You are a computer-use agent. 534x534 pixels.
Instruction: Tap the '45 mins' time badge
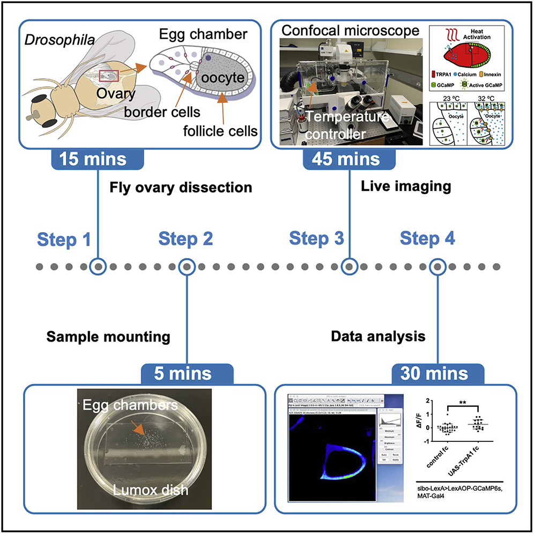click(350, 159)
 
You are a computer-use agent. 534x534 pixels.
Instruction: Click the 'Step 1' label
click(64, 239)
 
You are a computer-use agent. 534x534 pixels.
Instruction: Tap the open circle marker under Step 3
click(350, 266)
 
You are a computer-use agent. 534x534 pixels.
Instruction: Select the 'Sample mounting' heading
click(108, 337)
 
